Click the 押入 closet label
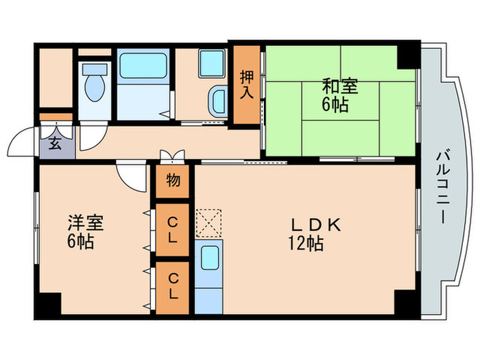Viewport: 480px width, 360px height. [247, 84]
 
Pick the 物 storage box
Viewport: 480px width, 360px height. [173, 182]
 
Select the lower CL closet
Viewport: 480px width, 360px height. [173, 288]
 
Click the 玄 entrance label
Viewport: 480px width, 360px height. [54, 144]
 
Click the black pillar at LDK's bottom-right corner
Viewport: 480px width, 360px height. [404, 302]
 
